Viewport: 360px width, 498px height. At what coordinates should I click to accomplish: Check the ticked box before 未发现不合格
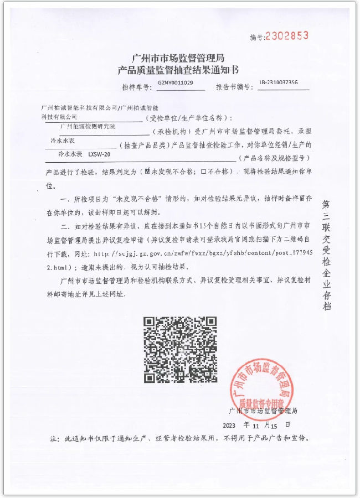coord(147,172)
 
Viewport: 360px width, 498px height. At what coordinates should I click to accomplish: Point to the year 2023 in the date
coord(229,426)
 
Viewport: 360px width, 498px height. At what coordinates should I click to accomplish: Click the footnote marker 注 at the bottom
coord(54,439)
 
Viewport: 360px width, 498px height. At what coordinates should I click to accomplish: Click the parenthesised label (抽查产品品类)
coord(145,146)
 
